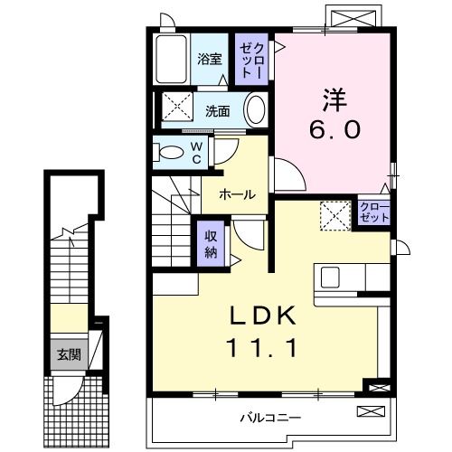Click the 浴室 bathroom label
[x=210, y=61]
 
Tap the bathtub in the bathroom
[x=169, y=60]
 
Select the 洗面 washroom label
[x=216, y=112]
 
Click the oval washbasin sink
[x=257, y=111]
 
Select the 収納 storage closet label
[x=211, y=242]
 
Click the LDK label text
[x=261, y=315]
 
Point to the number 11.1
[x=261, y=346]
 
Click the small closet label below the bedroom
[x=373, y=213]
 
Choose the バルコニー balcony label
[x=270, y=417]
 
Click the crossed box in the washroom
[x=176, y=108]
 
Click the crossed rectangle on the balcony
[x=371, y=412]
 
